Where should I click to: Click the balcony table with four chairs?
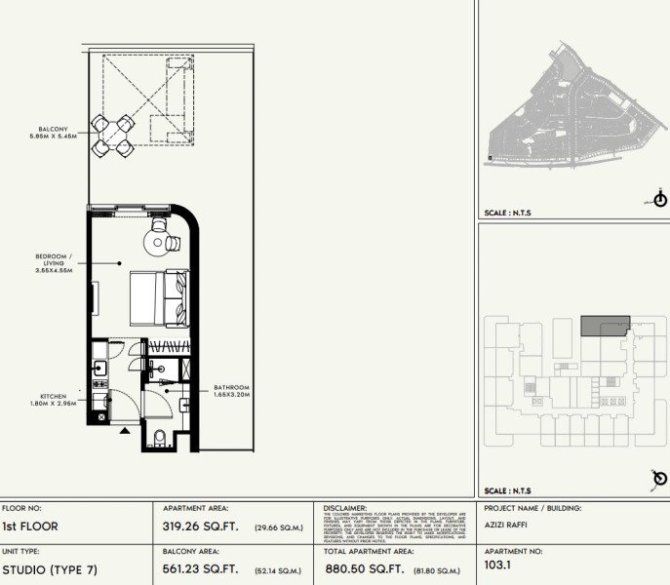(113, 135)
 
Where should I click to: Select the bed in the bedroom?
(156, 297)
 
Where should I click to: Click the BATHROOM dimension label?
(232, 392)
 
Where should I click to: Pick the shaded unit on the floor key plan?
(605, 326)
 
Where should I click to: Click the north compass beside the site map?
(660, 200)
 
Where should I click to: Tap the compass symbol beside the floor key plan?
(659, 478)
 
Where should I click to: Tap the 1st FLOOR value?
(30, 527)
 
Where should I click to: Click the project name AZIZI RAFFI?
(505, 525)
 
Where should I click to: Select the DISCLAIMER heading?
(344, 508)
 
